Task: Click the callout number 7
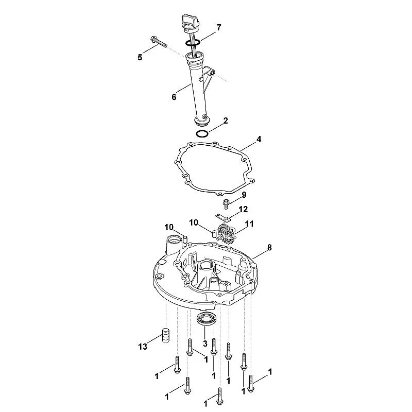218,28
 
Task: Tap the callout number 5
140,57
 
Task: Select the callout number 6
174,97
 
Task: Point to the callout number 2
226,121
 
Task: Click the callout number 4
259,139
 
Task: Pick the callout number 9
244,195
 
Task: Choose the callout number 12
243,210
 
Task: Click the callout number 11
249,224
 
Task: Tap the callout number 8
269,248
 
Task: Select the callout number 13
143,347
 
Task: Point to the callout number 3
205,344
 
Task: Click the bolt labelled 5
159,42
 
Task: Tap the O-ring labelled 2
202,134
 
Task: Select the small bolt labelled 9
226,204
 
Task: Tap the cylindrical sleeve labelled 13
165,335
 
